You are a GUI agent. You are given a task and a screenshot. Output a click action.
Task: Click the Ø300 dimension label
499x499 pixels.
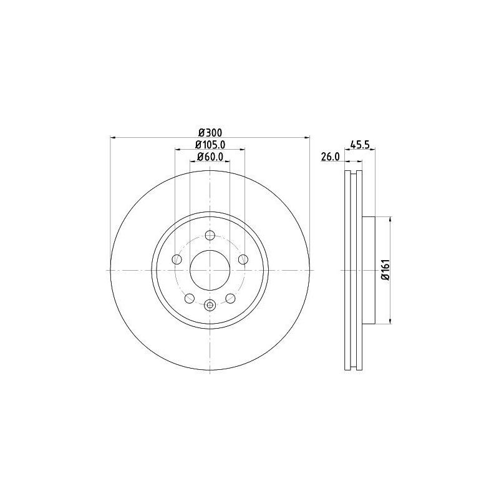click(210, 132)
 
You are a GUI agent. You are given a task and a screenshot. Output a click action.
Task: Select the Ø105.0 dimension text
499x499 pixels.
click(210, 145)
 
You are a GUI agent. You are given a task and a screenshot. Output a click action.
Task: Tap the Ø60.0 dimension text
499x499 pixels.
click(210, 157)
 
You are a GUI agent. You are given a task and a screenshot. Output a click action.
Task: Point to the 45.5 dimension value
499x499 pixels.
click(361, 145)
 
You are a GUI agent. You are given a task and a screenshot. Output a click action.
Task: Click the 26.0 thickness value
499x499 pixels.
click(329, 157)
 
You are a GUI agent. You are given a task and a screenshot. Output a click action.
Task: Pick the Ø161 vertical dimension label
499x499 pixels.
click(385, 270)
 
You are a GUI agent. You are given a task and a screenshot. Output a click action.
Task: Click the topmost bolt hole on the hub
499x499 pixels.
click(210, 235)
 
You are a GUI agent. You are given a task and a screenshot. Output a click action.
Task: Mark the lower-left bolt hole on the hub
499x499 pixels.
click(189, 298)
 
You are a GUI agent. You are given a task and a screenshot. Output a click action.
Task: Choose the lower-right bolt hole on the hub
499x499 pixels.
click(230, 298)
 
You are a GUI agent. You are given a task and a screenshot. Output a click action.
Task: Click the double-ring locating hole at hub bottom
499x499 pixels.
click(210, 305)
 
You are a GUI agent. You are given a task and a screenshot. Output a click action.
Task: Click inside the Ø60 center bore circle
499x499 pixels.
click(210, 269)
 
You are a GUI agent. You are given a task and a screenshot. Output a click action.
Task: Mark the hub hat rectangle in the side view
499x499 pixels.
click(369, 269)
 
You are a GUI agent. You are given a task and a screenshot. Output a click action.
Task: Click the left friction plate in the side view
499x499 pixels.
click(347, 269)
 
